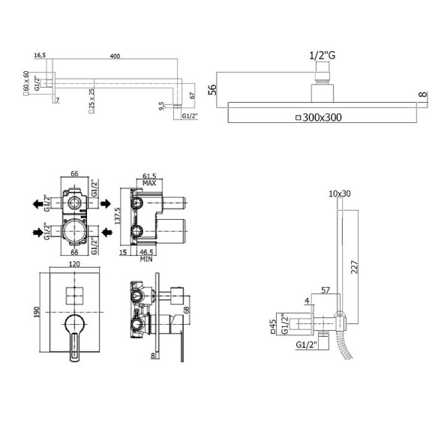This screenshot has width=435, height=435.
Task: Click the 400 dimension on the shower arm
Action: pyautogui.click(x=115, y=56)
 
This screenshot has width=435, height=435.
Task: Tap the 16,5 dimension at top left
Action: pyautogui.click(x=40, y=55)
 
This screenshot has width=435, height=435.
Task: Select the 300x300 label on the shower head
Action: pyautogui.click(x=322, y=118)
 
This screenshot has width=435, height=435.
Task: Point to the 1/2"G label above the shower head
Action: pyautogui.click(x=322, y=55)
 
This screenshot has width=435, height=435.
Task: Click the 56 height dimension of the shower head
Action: pyautogui.click(x=212, y=89)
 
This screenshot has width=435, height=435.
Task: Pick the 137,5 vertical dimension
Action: pyautogui.click(x=117, y=216)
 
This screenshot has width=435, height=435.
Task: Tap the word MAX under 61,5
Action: pyautogui.click(x=149, y=183)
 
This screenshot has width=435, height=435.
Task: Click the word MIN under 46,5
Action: pyautogui.click(x=146, y=259)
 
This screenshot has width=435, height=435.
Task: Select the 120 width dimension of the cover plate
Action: pyautogui.click(x=74, y=264)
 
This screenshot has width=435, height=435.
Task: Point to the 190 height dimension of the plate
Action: pyautogui.click(x=37, y=312)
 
